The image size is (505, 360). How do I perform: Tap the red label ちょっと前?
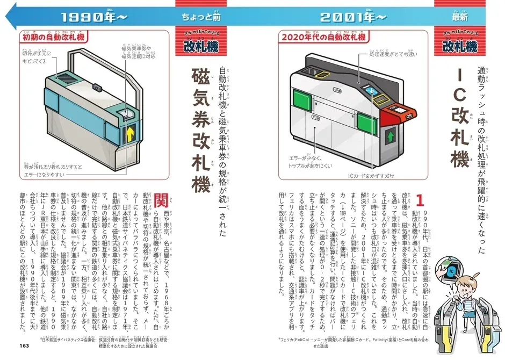[203, 17]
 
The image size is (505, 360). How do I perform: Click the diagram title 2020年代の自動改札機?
[322, 38]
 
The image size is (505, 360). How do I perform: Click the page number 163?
[26, 345]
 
